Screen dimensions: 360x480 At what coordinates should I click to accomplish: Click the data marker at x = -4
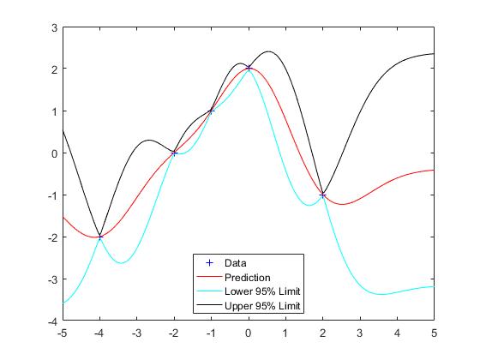click(x=99, y=237)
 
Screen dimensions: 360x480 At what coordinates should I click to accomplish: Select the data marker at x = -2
click(x=174, y=153)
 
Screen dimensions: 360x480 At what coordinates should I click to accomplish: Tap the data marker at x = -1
click(x=211, y=111)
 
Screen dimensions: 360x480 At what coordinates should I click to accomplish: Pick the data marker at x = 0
click(x=249, y=69)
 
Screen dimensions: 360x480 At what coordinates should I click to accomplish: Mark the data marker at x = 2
click(x=322, y=195)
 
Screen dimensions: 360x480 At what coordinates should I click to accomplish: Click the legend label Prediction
click(x=248, y=277)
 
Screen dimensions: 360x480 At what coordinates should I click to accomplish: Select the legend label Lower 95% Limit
click(x=260, y=291)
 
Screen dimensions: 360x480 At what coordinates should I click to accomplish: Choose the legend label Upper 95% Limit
click(x=260, y=305)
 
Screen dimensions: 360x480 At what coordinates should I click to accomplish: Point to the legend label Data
click(x=235, y=262)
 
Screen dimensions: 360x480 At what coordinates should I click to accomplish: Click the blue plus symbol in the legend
click(x=207, y=262)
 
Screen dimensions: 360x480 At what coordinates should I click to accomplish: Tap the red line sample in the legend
click(x=207, y=277)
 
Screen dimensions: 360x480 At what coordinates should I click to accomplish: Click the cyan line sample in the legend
click(x=207, y=291)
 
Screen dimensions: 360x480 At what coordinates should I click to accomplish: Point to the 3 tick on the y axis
click(x=53, y=27)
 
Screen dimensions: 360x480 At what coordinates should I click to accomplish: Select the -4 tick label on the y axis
click(x=51, y=321)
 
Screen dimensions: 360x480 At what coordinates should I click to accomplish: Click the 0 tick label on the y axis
click(x=53, y=153)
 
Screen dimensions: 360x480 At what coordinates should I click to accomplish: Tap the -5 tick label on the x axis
click(x=63, y=333)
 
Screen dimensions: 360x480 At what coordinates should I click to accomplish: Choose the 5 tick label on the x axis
click(x=434, y=333)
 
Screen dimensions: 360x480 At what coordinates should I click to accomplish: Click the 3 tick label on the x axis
click(x=360, y=333)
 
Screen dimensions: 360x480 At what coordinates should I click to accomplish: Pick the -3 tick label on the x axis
click(x=136, y=333)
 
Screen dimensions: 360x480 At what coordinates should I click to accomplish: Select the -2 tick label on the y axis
click(x=51, y=237)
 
